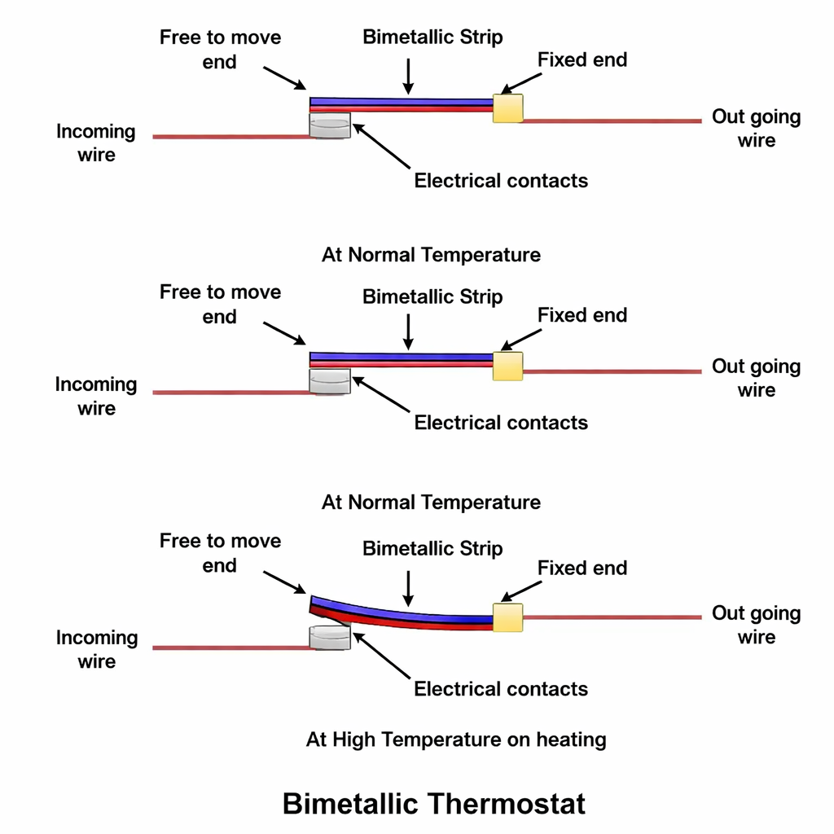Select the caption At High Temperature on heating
pos(456,740)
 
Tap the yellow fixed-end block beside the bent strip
pos(508,617)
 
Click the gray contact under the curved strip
pos(330,637)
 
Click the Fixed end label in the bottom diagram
pos(582,568)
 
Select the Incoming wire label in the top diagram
pos(96,143)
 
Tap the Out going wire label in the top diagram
pos(756,128)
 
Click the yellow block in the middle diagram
pos(508,367)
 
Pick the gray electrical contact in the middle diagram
pos(330,381)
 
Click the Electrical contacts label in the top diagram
pos(501,180)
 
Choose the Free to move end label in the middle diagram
pos(220,304)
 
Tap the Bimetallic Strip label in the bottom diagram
pos(432,548)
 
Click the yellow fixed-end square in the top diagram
pos(508,108)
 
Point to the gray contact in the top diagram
pos(330,125)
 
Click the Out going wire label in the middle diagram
pos(756,378)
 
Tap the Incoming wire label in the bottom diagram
pos(96,649)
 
